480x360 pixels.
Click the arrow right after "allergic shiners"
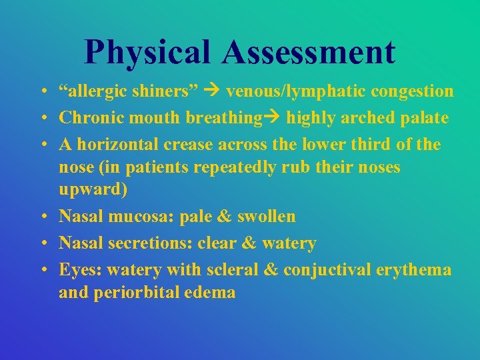tap(213, 91)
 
